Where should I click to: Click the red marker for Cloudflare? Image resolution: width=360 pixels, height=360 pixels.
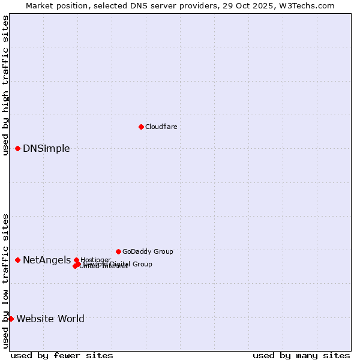tap(141, 127)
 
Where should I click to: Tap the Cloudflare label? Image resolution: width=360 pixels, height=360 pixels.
tap(161, 127)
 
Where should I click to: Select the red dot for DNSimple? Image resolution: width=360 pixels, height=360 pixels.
tap(18, 148)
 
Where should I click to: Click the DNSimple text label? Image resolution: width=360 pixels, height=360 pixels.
tap(46, 149)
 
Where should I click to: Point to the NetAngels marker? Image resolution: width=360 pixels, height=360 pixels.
tap(18, 260)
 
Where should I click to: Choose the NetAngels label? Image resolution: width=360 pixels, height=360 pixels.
tap(47, 260)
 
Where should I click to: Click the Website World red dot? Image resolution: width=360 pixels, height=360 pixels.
tap(11, 319)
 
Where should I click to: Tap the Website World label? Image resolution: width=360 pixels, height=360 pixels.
tap(50, 319)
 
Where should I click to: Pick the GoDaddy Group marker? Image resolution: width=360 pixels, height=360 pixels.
tap(118, 251)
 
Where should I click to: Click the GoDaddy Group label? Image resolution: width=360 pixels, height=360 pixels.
tap(148, 251)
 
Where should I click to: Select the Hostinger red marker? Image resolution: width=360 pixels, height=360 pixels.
tap(76, 260)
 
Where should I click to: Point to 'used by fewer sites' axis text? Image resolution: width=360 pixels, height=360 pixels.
tap(62, 355)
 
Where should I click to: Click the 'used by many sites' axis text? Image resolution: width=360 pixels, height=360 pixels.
tap(301, 355)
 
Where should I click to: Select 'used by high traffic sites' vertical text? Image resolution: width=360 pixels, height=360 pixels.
tap(5, 85)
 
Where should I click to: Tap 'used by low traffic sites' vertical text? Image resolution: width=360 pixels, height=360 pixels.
tap(5, 280)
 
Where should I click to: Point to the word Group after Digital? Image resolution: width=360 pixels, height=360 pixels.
tap(142, 264)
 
